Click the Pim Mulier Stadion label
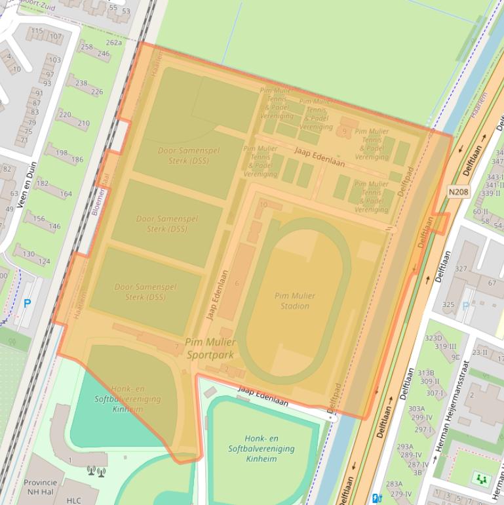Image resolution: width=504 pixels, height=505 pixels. pos(294,300)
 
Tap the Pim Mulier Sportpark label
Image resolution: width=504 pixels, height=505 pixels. pos(210,348)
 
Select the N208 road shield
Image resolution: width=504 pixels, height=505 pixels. pos(459,192)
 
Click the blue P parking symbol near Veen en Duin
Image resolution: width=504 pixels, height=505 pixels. pos(27,304)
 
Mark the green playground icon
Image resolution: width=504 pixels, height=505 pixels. pos(482,479)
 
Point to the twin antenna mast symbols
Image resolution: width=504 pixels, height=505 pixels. pos(96,471)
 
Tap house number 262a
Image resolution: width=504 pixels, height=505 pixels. pos(114,43)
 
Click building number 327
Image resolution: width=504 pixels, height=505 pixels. pos(461,269)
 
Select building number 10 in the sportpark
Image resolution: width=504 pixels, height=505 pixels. pos(263,205)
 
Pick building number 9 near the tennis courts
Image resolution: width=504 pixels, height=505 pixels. pos(345,132)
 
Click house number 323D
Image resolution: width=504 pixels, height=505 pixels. pos(433,338)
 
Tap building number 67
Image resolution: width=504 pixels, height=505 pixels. pos(492,283)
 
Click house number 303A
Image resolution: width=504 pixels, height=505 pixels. pos(417,409)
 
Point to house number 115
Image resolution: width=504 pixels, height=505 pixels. pos(37,31)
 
